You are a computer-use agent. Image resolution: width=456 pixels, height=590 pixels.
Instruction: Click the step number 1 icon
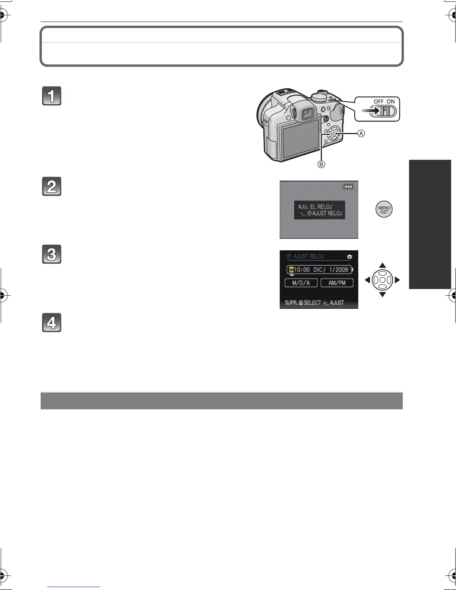51,96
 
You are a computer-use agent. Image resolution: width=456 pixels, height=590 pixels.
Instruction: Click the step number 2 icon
51,187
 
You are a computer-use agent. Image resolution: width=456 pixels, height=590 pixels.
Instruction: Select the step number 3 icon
51,254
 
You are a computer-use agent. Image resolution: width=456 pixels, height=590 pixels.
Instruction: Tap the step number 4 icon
51,323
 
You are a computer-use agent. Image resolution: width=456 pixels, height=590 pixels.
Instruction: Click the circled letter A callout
361,134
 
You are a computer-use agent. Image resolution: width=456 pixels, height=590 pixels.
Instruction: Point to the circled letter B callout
321,164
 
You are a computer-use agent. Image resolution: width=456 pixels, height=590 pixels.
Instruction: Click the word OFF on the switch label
379,101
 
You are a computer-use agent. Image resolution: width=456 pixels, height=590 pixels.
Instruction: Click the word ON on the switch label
390,101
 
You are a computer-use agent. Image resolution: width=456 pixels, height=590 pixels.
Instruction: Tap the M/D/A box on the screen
301,283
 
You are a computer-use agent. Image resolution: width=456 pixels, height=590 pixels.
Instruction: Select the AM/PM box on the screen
337,283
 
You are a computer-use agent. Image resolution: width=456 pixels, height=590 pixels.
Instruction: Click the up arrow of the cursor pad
382,266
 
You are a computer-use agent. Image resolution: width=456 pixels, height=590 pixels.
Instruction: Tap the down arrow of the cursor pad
382,295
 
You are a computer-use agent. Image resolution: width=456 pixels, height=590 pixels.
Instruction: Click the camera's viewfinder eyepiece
308,113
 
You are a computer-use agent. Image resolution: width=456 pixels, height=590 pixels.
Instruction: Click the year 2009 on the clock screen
341,269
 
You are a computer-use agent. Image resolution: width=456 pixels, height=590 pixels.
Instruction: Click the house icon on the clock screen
349,256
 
